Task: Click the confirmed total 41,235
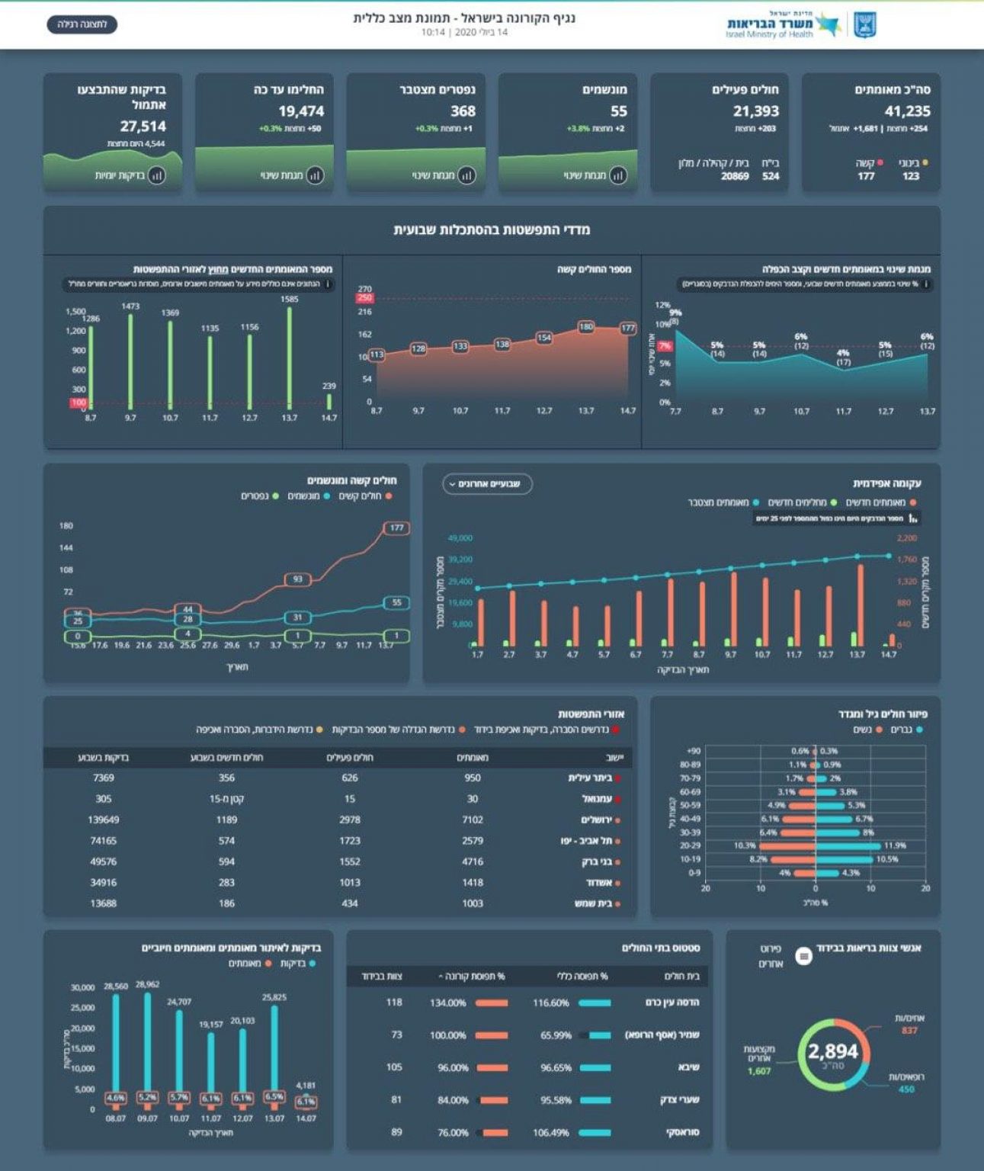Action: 907,111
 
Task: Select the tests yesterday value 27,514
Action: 143,127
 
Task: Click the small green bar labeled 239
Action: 329,402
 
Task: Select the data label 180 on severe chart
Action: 585,327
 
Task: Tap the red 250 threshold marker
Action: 364,298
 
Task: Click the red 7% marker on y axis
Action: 665,346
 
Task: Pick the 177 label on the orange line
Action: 396,528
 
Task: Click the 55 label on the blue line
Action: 396,602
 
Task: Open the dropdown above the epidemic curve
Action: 487,484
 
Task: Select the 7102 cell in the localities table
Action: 473,820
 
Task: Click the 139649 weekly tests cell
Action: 104,820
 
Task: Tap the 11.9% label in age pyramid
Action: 895,845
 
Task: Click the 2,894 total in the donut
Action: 832,1053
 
